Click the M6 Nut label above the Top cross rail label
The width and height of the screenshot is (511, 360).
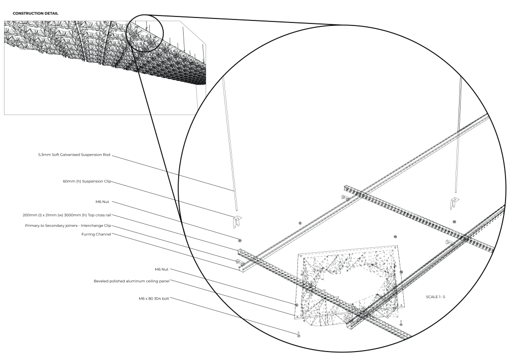[102, 202]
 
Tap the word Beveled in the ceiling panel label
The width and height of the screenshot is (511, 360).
[102, 281]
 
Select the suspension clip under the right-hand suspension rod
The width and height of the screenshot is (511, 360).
[456, 202]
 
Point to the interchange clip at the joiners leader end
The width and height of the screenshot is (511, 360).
[238, 260]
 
